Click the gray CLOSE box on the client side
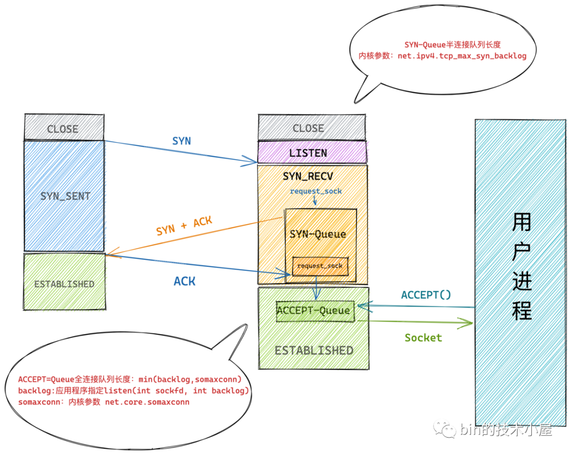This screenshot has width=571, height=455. point(63,128)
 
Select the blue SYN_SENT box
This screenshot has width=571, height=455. point(65,196)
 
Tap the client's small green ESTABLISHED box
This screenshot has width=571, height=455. point(64,284)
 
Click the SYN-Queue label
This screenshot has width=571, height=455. point(318,234)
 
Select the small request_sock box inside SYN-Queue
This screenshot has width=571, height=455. point(320,266)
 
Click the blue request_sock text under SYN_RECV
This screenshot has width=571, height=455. point(316,191)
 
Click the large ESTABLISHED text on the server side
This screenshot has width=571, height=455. point(314,350)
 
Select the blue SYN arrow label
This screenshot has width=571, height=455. point(181,141)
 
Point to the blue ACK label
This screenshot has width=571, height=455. point(185,281)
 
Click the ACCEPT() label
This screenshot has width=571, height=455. point(426,295)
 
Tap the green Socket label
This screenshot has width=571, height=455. point(423,338)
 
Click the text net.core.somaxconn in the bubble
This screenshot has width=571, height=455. point(146,402)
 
